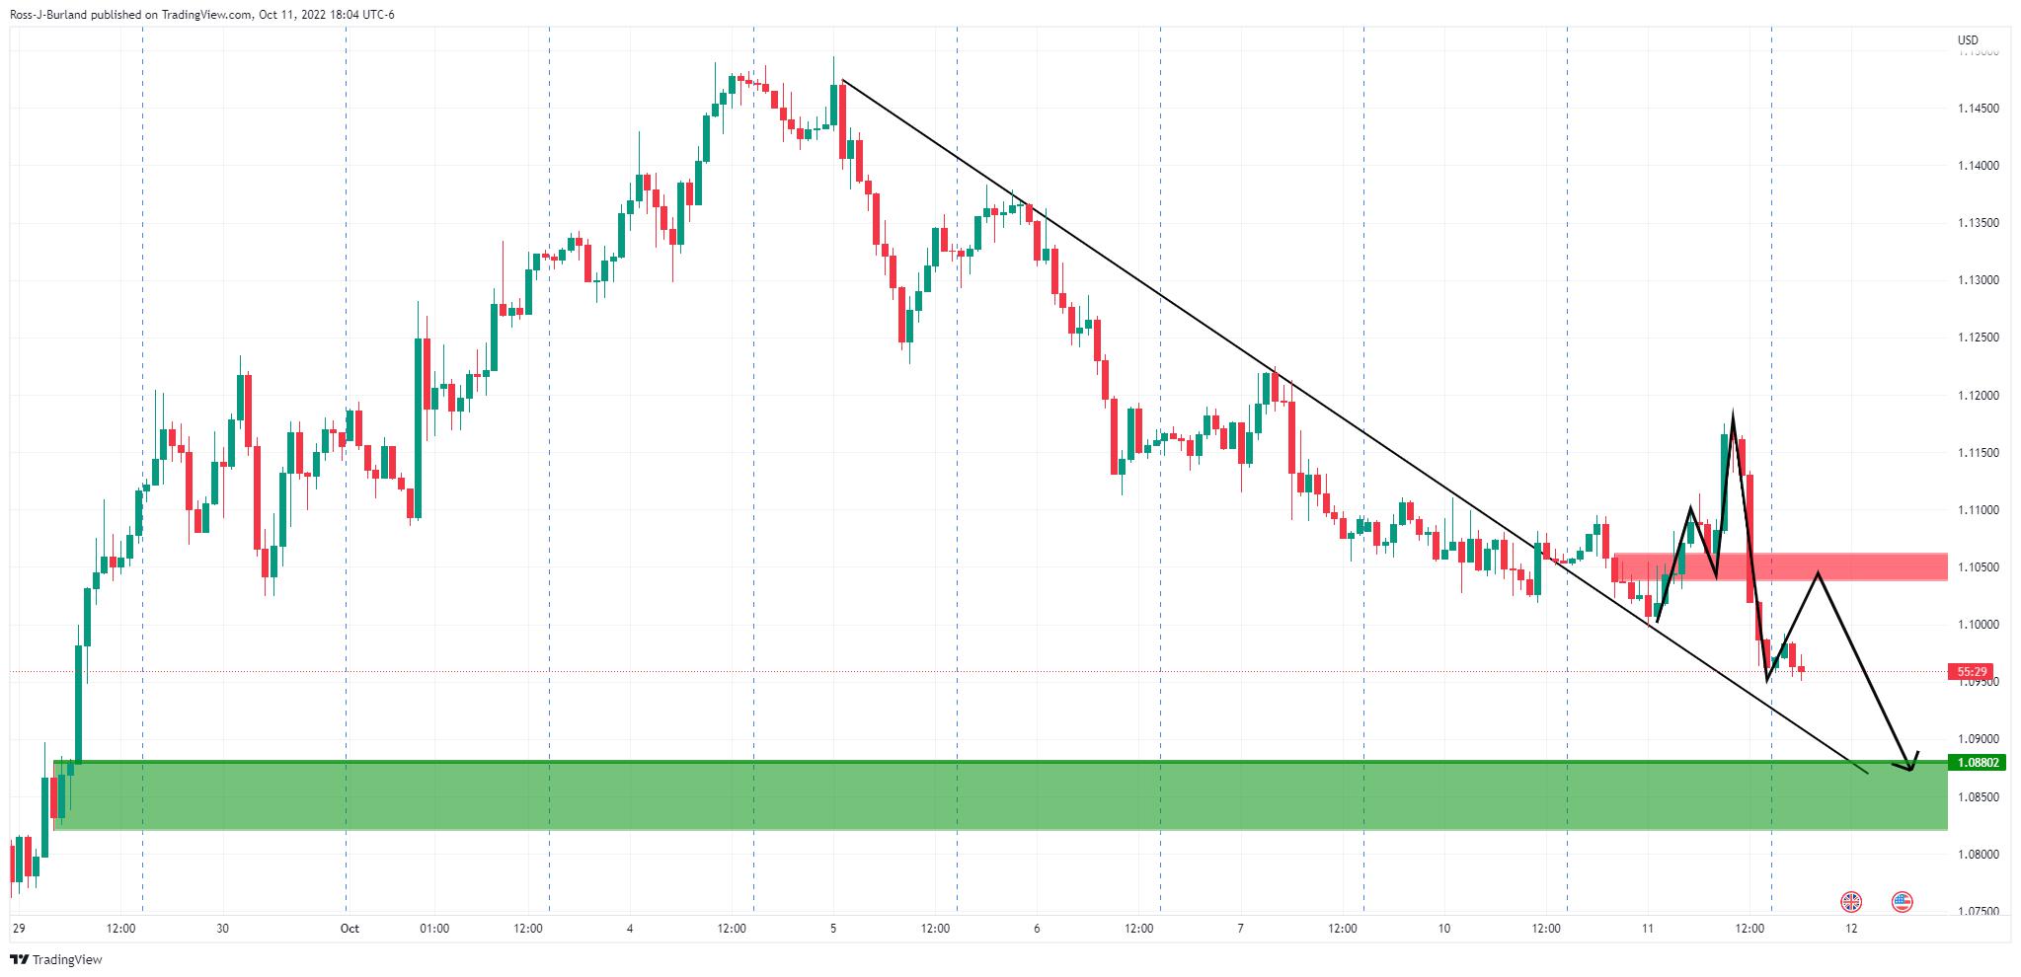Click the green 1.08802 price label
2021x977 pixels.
1977,763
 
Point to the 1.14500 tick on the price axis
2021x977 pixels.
1977,109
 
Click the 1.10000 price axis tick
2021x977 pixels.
1977,625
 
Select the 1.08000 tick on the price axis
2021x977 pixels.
1977,855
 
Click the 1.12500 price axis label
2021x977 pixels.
1977,338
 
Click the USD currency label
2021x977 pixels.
1968,40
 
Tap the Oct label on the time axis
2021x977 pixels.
349,929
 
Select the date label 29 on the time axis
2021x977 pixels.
18,929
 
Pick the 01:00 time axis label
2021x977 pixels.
434,929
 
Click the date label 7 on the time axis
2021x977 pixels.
1240,929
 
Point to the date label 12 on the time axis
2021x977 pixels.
1851,929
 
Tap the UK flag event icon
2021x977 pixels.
1851,901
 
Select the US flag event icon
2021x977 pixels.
1902,901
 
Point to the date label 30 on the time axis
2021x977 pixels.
222,929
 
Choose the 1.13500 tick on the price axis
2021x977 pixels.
1977,224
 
